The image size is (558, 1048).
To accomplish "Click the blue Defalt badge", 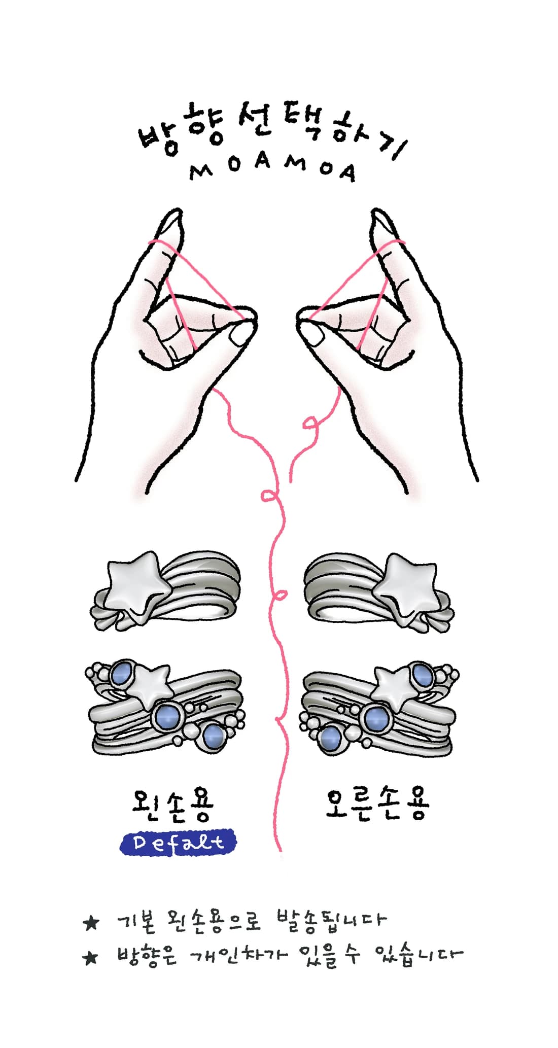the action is tap(178, 843).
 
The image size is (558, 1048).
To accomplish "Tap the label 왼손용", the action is tap(172, 805).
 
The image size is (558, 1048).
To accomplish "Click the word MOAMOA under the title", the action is tap(273, 168).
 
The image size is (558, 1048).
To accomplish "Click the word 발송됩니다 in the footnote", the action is tap(331, 920).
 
